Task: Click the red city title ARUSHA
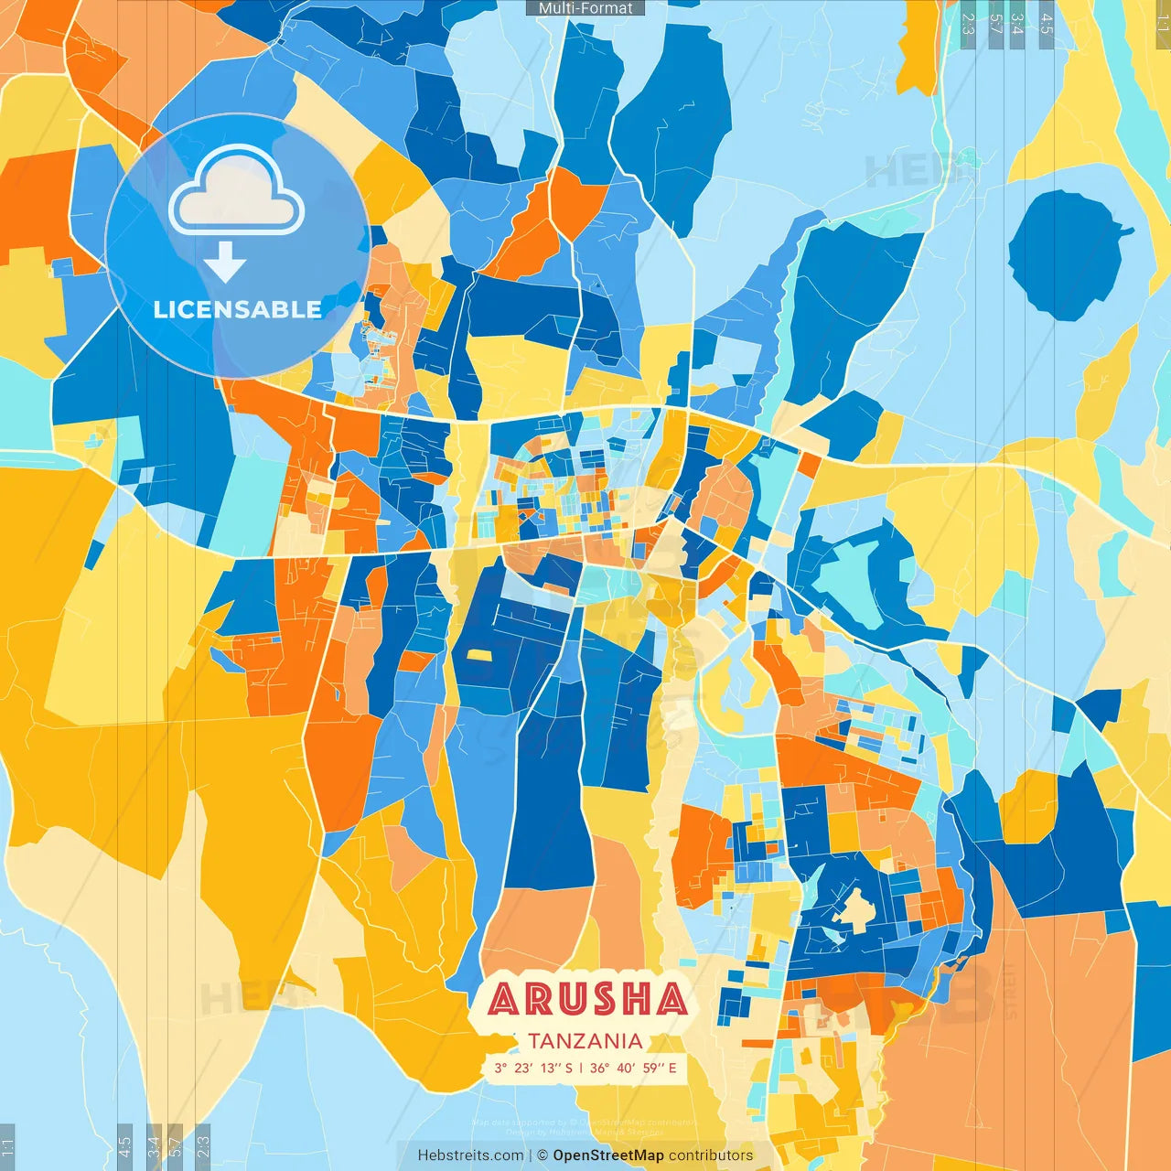587,999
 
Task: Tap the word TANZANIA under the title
585,1041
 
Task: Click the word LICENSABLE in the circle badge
238,309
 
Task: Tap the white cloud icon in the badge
236,192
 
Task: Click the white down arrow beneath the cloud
225,262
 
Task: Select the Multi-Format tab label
585,8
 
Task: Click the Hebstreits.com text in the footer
471,1155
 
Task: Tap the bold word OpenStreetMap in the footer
608,1155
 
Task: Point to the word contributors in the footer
711,1155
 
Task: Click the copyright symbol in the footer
543,1155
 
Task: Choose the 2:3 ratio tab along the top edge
968,24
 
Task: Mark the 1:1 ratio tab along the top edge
1162,24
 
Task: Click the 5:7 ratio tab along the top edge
995,24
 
